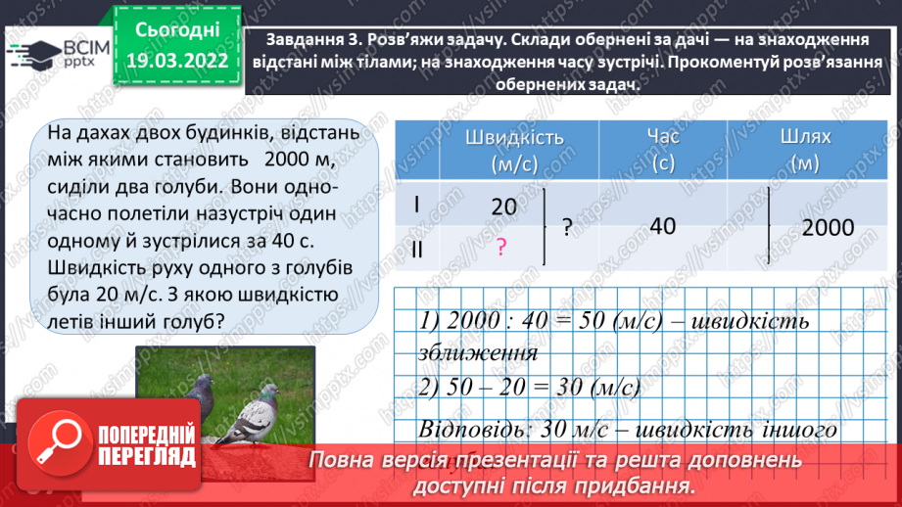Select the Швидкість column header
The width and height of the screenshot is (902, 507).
500,149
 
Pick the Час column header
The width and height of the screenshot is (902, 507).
662,149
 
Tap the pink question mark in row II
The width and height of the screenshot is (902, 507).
500,249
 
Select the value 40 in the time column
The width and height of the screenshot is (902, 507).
662,226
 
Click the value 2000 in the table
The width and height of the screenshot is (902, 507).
828,228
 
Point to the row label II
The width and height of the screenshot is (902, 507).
416,250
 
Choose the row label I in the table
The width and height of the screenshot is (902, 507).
416,205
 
